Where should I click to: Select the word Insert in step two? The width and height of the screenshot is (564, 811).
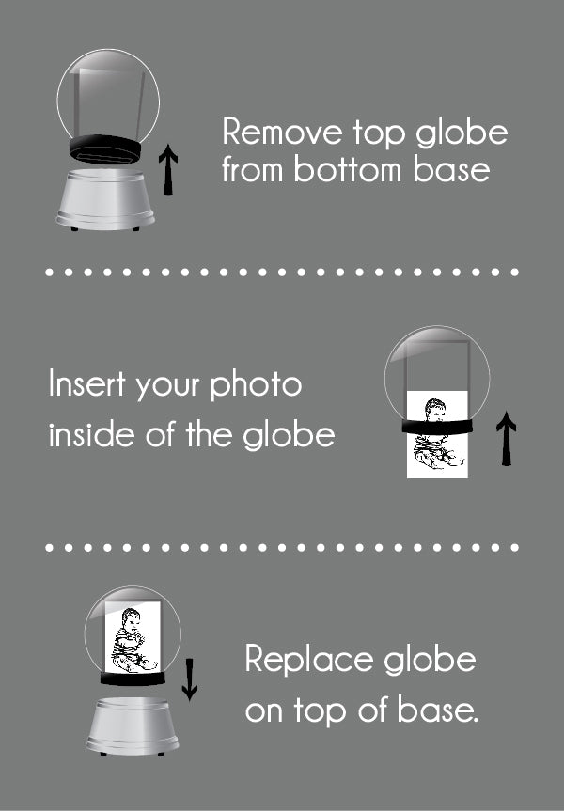(87, 384)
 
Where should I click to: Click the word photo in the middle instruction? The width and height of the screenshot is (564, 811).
(256, 386)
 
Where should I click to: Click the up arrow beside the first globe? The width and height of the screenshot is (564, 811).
(168, 170)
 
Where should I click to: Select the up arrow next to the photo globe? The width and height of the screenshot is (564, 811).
(506, 439)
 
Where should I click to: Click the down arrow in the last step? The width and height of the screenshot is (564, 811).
(189, 679)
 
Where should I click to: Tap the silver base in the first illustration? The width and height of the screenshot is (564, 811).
(105, 199)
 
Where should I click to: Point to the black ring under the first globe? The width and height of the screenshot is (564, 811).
(105, 149)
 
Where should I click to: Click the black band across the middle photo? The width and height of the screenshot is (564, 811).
(437, 427)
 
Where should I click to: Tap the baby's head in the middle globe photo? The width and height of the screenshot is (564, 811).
(434, 409)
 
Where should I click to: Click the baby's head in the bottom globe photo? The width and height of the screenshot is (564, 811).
(131, 619)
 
